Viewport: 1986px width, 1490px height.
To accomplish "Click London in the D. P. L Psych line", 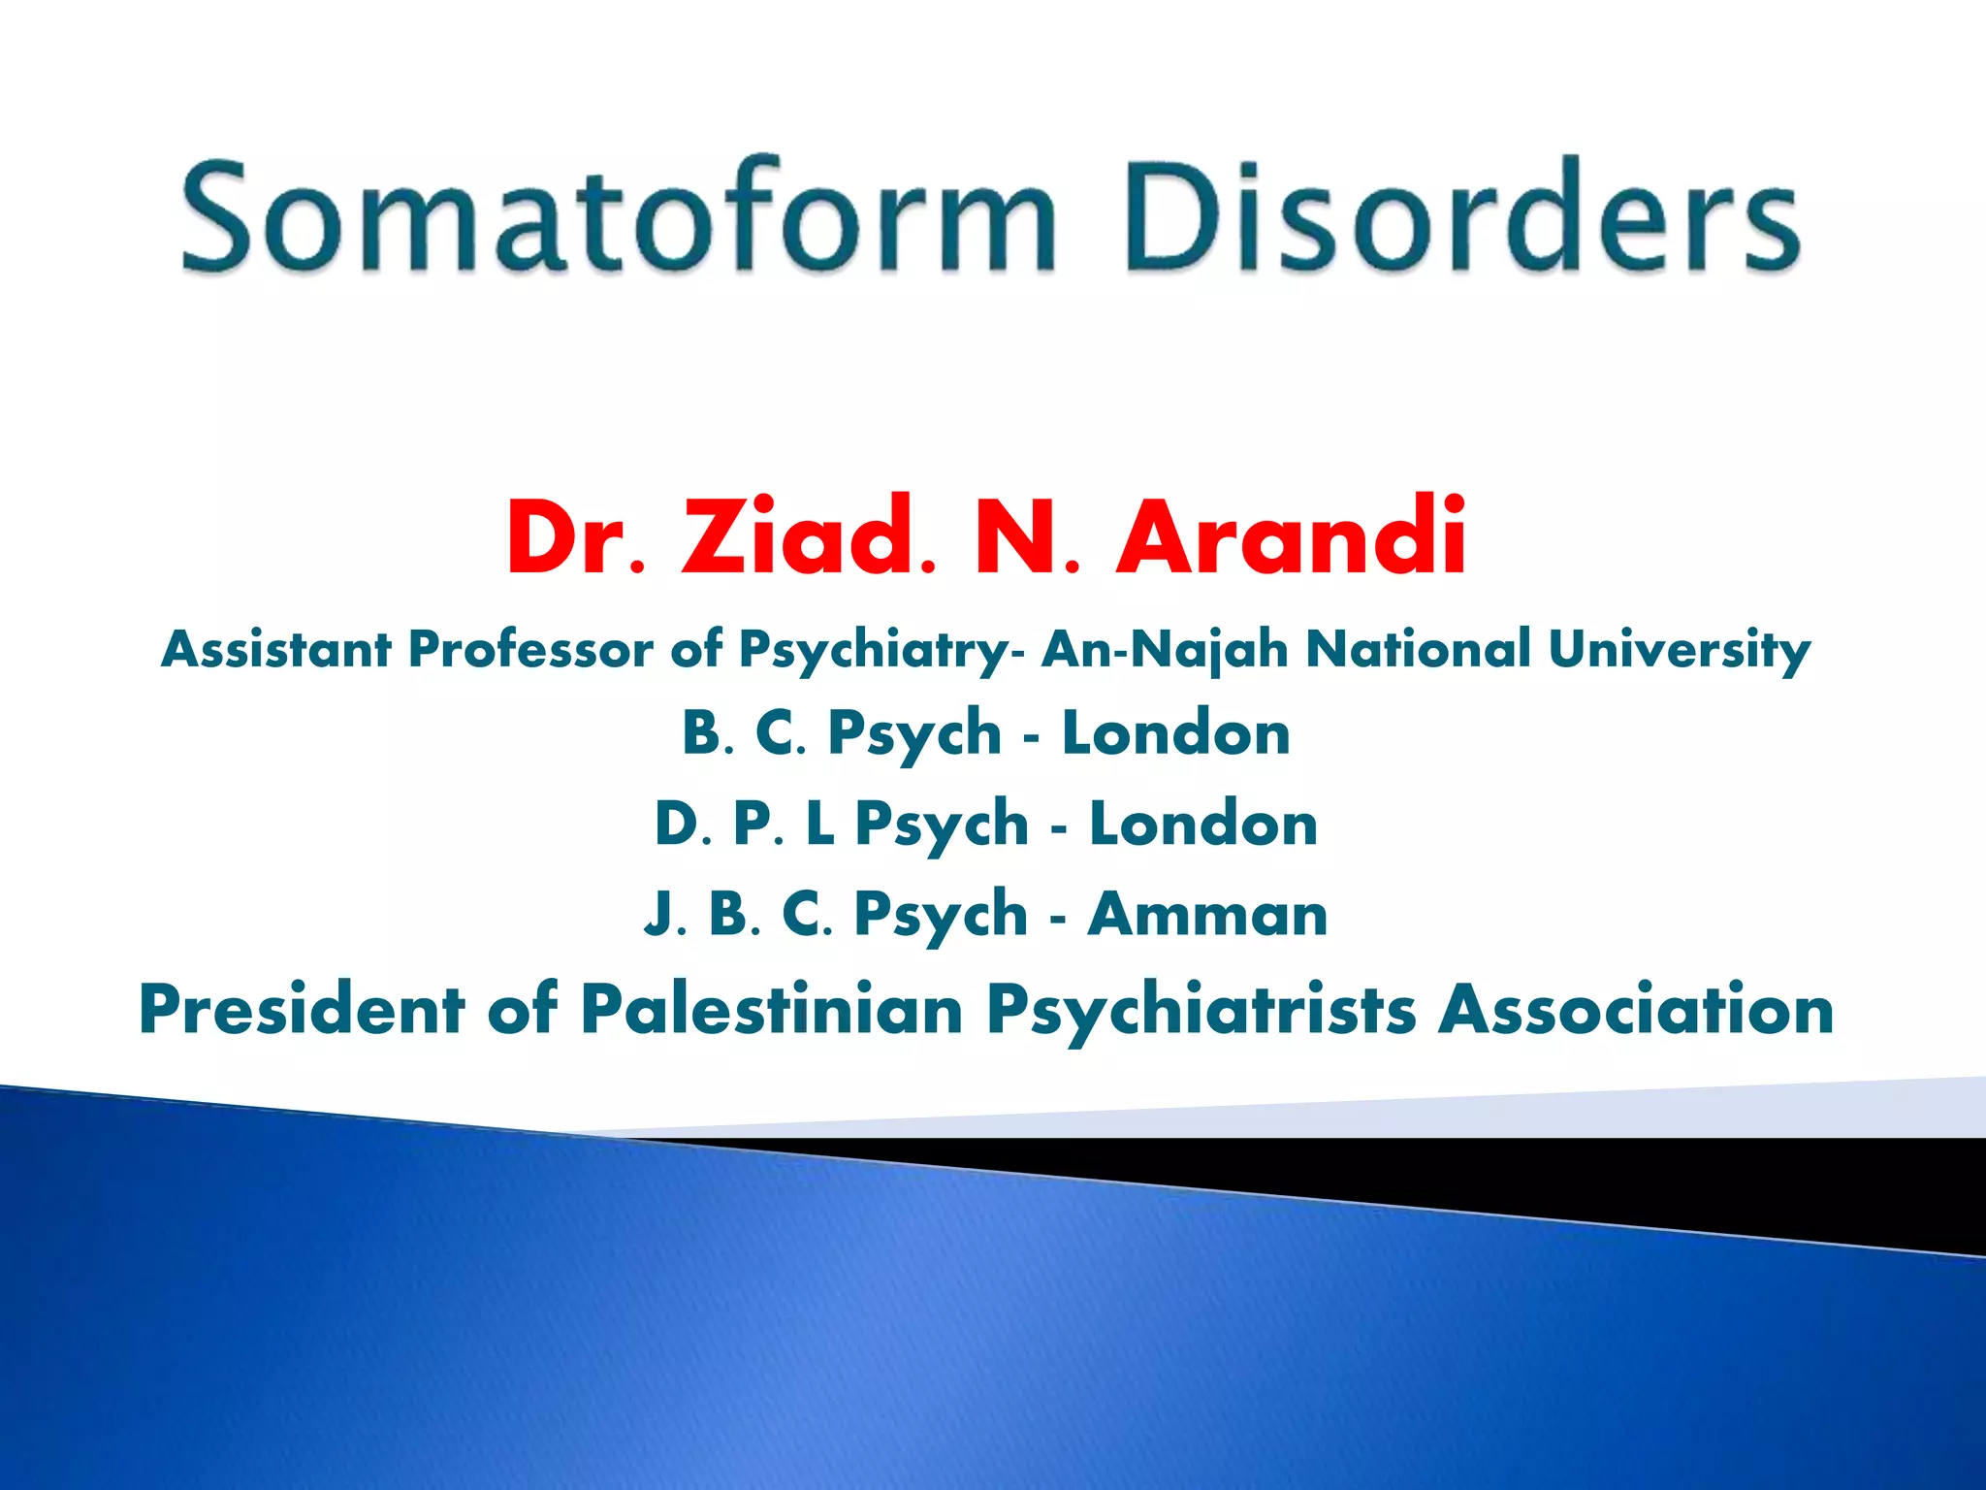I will click(x=1202, y=824).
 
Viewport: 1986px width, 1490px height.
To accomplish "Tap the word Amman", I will click(x=1207, y=914).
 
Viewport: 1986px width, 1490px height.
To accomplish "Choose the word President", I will click(x=302, y=1009).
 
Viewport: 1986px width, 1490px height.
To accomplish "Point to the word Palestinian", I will click(x=771, y=1009).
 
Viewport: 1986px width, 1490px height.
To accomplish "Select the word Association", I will click(x=1635, y=1009).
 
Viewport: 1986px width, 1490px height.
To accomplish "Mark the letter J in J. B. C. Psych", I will click(x=658, y=916).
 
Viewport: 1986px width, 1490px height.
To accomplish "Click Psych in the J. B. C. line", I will click(x=940, y=916).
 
